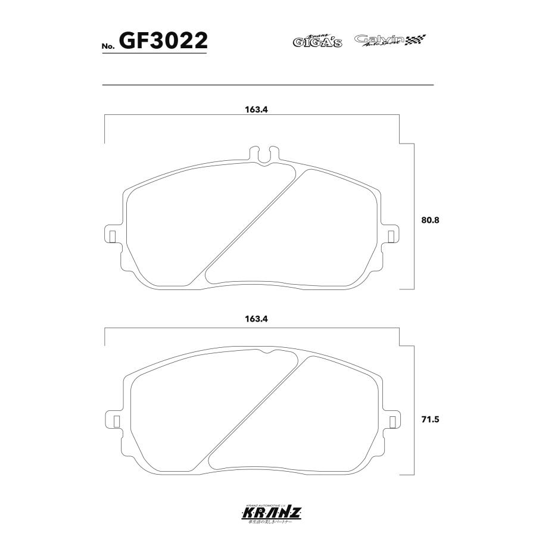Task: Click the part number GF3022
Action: (x=163, y=40)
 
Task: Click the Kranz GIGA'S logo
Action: (x=317, y=41)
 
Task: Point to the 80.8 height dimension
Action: (x=429, y=220)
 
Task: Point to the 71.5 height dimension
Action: (x=429, y=419)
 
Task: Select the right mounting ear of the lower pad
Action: (x=391, y=419)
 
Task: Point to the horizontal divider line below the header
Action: (x=268, y=85)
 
